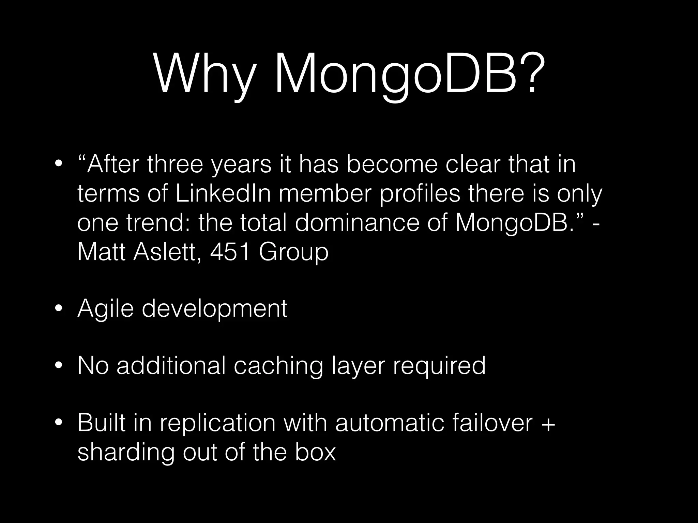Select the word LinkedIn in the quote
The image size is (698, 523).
[223, 194]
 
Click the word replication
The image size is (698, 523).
[217, 423]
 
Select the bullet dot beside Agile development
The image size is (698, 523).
[59, 309]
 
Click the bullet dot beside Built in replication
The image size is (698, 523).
[59, 423]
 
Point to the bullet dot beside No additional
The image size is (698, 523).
[59, 366]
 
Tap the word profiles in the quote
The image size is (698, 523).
[420, 194]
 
